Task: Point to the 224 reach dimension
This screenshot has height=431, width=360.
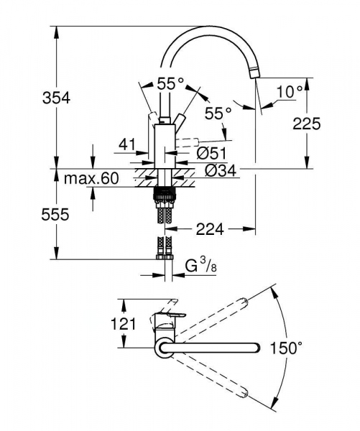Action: tap(210, 230)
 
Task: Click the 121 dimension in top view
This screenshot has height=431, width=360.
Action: tap(124, 324)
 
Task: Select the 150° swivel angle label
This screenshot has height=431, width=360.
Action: tap(287, 348)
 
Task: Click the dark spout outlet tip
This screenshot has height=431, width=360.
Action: tap(253, 72)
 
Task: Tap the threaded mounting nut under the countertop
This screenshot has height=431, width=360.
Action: tap(165, 193)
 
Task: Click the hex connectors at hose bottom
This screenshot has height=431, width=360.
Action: tap(165, 252)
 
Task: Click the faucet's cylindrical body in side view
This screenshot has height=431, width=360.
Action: tap(165, 144)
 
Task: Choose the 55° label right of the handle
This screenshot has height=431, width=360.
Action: tap(217, 113)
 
